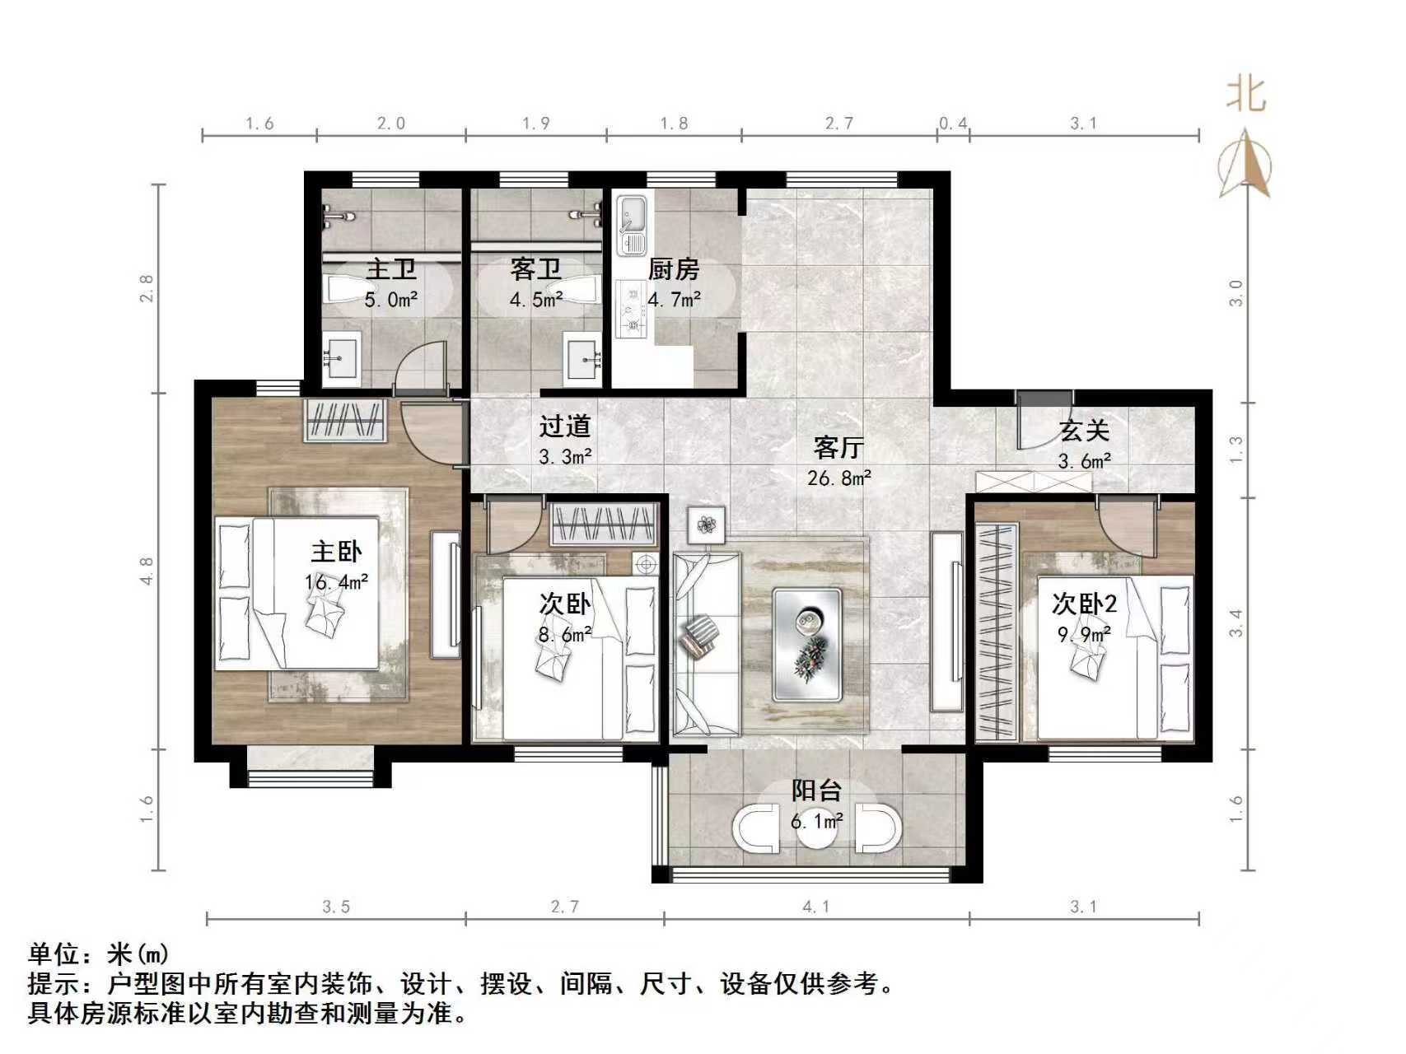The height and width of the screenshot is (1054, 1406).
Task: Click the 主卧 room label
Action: (335, 552)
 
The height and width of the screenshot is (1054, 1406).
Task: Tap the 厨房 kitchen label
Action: (673, 269)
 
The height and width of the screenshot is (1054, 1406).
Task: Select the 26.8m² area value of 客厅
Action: (838, 478)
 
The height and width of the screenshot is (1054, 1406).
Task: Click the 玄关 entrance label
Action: (1084, 431)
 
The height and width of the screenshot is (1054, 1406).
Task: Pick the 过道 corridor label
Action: (565, 427)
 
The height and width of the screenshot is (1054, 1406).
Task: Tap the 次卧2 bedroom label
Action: (1084, 604)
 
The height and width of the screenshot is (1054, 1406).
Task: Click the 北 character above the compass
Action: (1245, 95)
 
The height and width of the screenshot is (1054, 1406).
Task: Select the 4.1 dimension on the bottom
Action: (815, 907)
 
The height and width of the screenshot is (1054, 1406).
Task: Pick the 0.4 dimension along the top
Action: (953, 124)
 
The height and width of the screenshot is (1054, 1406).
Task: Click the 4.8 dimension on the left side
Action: (147, 571)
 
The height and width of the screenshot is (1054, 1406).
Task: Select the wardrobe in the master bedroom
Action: (345, 421)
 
